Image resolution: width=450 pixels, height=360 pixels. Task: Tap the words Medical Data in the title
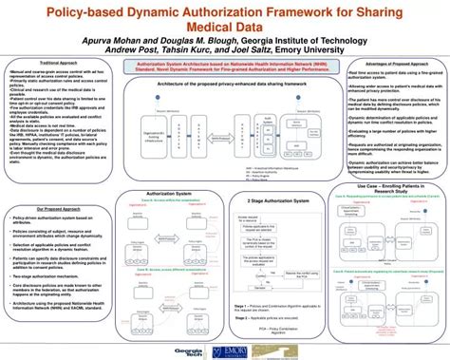pyautogui.click(x=225, y=29)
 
